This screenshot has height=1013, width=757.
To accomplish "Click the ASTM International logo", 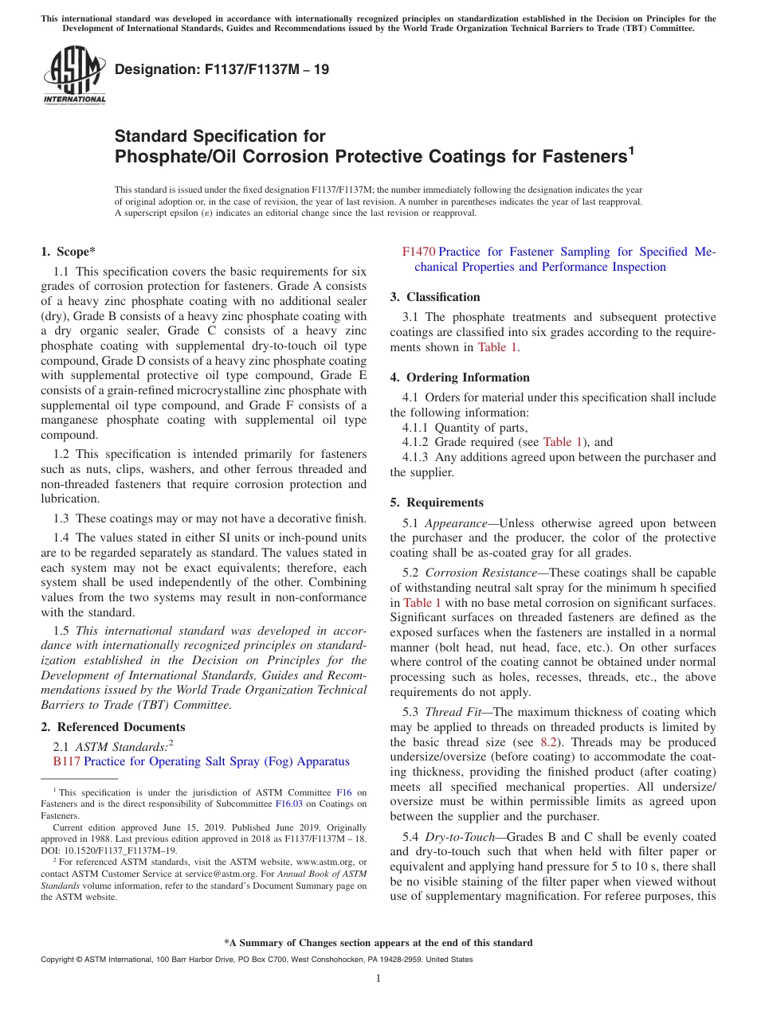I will pyautogui.click(x=74, y=75).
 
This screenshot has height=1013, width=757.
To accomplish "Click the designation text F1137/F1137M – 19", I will pyautogui.click(x=222, y=70).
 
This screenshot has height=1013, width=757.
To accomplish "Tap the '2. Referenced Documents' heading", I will pyautogui.click(x=112, y=726).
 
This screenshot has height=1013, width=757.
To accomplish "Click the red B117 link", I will pyautogui.click(x=66, y=761).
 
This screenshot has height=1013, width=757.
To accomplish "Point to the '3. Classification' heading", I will pyautogui.click(x=435, y=297).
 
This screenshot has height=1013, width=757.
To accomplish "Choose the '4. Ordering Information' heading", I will pyautogui.click(x=460, y=377).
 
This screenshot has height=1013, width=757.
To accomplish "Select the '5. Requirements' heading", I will pyautogui.click(x=437, y=503).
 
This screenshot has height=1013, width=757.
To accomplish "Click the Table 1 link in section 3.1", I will pyautogui.click(x=497, y=347).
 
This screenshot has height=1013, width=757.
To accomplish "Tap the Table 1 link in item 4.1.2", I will pyautogui.click(x=563, y=442).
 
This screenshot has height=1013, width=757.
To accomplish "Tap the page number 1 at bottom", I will pyautogui.click(x=378, y=979).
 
